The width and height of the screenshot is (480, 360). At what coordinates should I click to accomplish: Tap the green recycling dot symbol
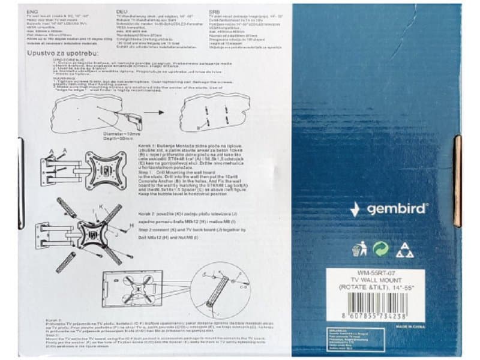(x=381, y=249)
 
